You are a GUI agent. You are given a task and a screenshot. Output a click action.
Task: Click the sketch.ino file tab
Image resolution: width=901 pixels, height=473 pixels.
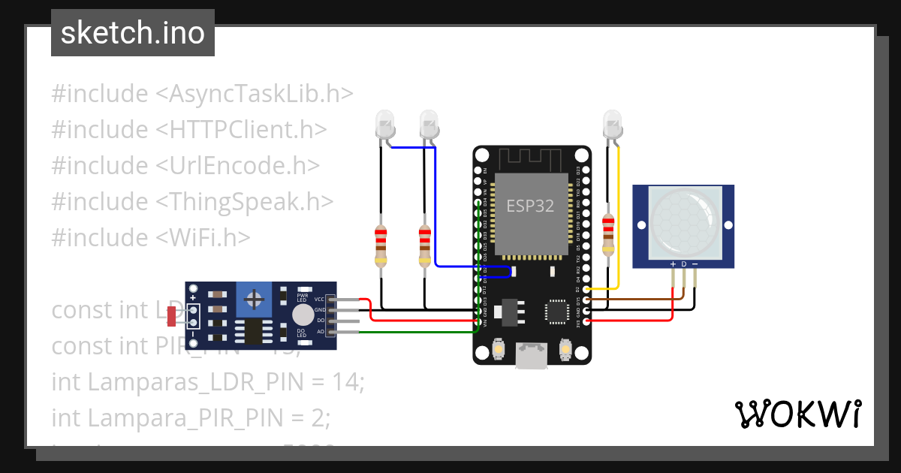click(132, 33)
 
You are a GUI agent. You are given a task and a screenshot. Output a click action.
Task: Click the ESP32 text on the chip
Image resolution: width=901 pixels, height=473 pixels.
click(530, 206)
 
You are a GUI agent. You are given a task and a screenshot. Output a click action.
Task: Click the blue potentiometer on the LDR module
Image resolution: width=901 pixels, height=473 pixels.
click(255, 300)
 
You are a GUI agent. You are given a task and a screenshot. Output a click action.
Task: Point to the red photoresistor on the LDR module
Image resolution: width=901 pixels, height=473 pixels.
click(172, 316)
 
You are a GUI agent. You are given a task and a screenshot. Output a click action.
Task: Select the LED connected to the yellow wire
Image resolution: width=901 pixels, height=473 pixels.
click(612, 122)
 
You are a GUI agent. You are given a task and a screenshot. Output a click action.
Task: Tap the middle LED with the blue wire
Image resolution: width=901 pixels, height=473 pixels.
click(429, 122)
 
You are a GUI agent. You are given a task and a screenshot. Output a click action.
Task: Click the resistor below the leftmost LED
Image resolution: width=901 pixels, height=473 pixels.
click(381, 246)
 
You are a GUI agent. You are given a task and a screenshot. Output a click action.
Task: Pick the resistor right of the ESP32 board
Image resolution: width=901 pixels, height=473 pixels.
click(607, 233)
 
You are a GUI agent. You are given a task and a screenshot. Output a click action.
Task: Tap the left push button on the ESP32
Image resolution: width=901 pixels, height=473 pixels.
click(499, 349)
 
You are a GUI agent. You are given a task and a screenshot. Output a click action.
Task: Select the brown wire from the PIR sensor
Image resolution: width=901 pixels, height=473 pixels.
click(638, 300)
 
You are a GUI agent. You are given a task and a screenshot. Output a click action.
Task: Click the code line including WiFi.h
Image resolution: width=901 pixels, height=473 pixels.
click(150, 237)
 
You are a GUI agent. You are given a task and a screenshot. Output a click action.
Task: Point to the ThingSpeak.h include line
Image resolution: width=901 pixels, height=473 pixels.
click(192, 201)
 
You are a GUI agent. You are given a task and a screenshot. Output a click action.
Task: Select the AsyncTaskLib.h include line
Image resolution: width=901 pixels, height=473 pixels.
click(202, 94)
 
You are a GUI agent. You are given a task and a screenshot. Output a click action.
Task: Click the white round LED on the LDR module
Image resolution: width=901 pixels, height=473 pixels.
click(303, 315)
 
